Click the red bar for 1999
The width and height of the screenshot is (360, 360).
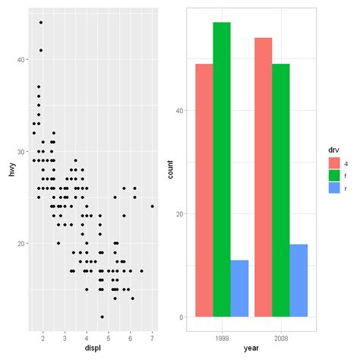pyautogui.click(x=204, y=190)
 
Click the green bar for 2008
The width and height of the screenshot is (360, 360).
pyautogui.click(x=281, y=190)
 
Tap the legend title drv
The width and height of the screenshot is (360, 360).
pyautogui.click(x=333, y=150)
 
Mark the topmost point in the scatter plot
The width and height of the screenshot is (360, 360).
pyautogui.click(x=41, y=23)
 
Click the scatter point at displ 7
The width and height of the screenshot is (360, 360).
pyautogui.click(x=153, y=206)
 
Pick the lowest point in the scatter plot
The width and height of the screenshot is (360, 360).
pyautogui.click(x=102, y=317)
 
